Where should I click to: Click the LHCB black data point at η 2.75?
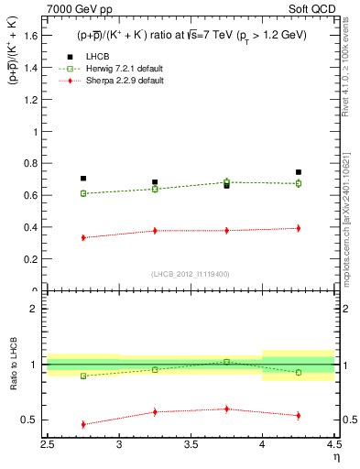pos(83,179)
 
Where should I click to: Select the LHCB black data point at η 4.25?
pos(299,172)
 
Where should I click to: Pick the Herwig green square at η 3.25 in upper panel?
pos(155,189)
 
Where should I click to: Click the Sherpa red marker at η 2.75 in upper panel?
pos(83,237)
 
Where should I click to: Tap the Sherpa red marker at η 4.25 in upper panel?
pos(299,228)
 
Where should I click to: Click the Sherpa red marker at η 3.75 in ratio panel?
pos(227,409)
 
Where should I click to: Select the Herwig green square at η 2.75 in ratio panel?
pos(83,376)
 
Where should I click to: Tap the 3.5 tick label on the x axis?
pos(191,446)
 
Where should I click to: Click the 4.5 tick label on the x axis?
pos(333,446)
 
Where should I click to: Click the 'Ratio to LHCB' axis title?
pos(12,365)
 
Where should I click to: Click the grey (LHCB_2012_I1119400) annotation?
pos(191,274)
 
